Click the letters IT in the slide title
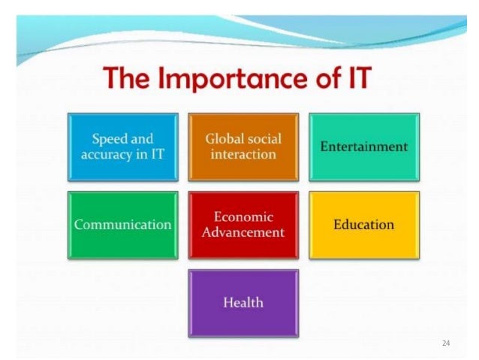pyautogui.click(x=352, y=78)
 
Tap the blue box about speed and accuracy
pyautogui.click(x=123, y=147)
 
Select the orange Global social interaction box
pyautogui.click(x=243, y=147)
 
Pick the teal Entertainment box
pyautogui.click(x=363, y=147)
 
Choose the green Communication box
pyautogui.click(x=123, y=225)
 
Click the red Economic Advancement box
pyautogui.click(x=243, y=225)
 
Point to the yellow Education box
pyautogui.click(x=363, y=225)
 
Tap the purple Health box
pyautogui.click(x=243, y=303)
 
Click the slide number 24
pyautogui.click(x=446, y=343)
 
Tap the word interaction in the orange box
pyautogui.click(x=243, y=155)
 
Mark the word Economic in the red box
pyautogui.click(x=243, y=216)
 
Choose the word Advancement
pyautogui.click(x=243, y=233)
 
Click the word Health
pyautogui.click(x=243, y=303)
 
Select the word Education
pyautogui.click(x=363, y=225)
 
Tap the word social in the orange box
pyautogui.click(x=263, y=138)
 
